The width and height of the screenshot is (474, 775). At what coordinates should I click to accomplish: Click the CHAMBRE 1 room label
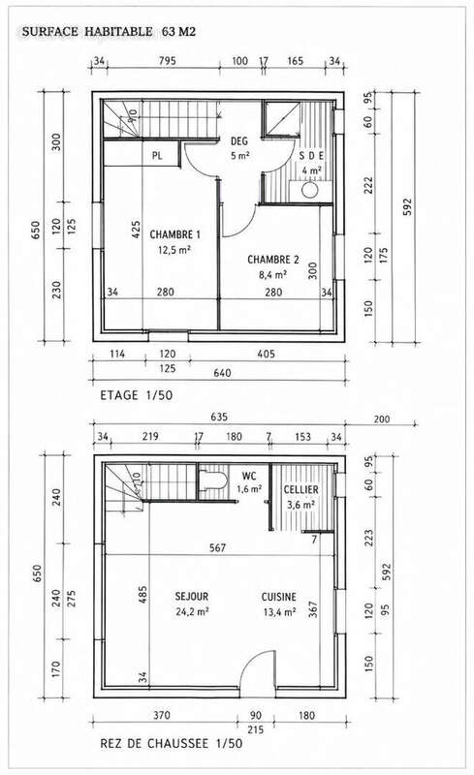174,234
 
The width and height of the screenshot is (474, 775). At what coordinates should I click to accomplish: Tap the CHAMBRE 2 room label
272,260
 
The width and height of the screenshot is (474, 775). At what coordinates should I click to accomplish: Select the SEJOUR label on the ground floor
192,597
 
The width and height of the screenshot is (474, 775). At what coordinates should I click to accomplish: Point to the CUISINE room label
279,597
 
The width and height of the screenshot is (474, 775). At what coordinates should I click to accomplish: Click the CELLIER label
300,490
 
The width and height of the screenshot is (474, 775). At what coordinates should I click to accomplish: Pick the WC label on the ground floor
249,476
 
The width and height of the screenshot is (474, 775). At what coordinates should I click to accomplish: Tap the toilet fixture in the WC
212,480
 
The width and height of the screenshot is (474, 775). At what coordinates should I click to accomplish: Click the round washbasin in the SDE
310,190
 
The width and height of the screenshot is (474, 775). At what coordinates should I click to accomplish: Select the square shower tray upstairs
281,118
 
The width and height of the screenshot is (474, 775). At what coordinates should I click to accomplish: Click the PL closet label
157,156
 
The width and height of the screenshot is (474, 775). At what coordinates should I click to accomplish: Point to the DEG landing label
239,141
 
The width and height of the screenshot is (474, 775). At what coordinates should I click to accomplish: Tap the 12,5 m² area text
174,250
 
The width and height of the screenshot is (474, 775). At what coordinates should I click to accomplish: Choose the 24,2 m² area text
192,612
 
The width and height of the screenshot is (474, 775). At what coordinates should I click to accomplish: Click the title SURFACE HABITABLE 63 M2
109,32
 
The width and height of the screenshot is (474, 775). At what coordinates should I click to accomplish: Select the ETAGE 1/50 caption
136,395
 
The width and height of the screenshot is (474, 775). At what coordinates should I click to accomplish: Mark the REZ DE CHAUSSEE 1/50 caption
172,743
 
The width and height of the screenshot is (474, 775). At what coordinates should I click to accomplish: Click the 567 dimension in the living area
217,547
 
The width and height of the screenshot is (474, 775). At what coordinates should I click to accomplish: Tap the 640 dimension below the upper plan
222,373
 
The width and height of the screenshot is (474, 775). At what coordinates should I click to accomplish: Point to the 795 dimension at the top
168,61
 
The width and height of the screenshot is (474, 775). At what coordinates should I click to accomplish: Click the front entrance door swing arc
251,659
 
